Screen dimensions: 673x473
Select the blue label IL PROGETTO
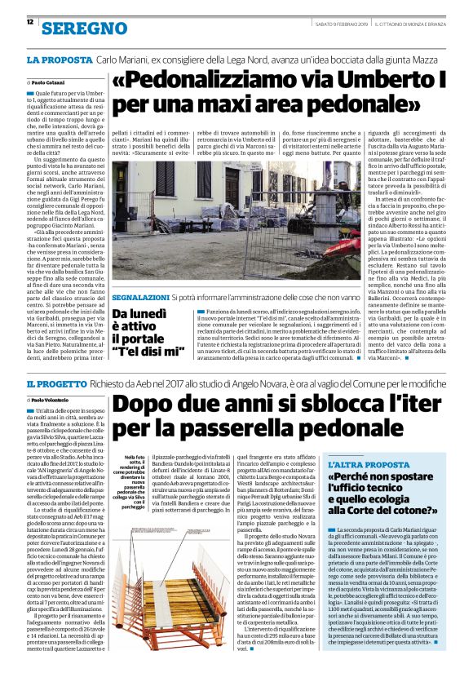pos(60,383)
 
